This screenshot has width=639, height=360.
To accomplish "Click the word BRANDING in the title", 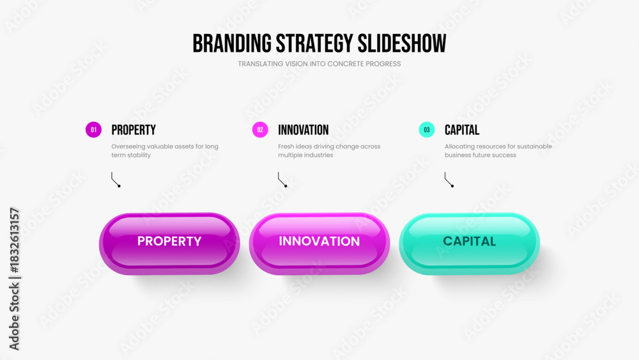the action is coord(232,43).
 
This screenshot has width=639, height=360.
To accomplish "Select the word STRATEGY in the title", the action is coord(314,43).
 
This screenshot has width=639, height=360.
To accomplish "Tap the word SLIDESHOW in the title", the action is coord(402,43).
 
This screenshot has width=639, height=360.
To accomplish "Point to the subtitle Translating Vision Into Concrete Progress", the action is coord(319,64).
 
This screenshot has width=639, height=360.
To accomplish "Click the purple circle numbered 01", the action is coord(93,130).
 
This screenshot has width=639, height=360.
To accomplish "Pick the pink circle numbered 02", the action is coord(260,130).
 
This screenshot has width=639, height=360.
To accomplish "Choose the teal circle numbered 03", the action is coord(427,130).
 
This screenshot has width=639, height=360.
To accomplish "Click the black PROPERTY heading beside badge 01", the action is coord(134,130).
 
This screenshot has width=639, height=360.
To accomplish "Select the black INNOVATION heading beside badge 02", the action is coord(303,130).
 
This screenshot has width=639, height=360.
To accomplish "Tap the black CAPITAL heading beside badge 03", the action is coord(462,130).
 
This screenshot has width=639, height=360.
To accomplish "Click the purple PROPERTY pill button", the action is coord(169,244).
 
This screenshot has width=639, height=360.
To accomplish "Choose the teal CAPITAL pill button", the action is coord(470,244).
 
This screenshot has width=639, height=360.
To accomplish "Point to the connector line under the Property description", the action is coord(114,180).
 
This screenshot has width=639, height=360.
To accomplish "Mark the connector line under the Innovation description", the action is coord(281,180).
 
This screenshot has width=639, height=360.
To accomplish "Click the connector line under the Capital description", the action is coord(448,180).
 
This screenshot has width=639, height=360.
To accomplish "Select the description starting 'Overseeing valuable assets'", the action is coord(165,151).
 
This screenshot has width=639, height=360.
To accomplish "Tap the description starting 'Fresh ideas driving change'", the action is coord(329,151).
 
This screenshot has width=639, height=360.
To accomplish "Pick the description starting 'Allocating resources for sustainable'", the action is coord(498,151).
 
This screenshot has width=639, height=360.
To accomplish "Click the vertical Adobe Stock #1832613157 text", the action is coord(14,279).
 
